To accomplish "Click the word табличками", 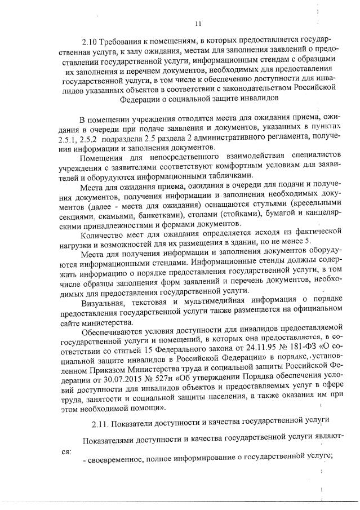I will pos(221,176).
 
